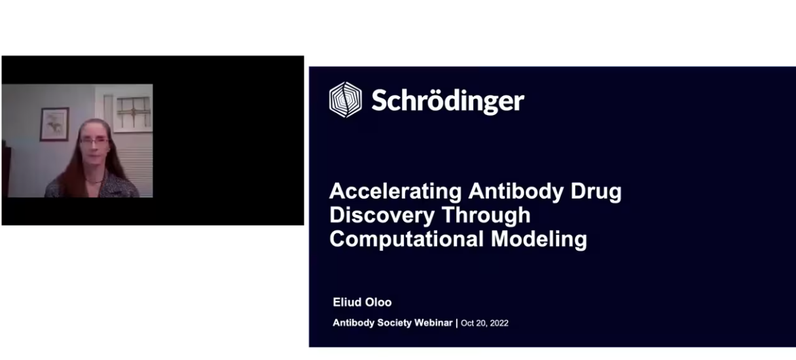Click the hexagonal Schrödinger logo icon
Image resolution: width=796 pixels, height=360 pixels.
346,99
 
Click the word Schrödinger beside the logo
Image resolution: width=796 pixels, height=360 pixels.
448,101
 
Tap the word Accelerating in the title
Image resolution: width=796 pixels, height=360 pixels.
395,192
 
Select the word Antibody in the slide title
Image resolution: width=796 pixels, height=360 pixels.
516,192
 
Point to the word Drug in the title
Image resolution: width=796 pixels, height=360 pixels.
596,192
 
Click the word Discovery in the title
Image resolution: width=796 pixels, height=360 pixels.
382,215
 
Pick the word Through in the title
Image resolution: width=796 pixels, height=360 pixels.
486,215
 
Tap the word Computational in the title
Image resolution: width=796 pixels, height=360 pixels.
407,239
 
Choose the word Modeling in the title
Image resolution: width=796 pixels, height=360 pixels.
539,239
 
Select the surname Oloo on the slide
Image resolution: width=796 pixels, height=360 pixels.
379,302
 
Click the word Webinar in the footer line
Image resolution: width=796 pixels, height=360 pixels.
433,323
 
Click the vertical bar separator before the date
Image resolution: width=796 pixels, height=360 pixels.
457,323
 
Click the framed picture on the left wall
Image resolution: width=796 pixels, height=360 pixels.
54,124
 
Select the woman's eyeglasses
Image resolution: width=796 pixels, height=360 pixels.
94,141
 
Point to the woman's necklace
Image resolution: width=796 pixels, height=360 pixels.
94,181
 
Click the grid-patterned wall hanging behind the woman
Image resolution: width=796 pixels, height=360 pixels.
133,113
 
